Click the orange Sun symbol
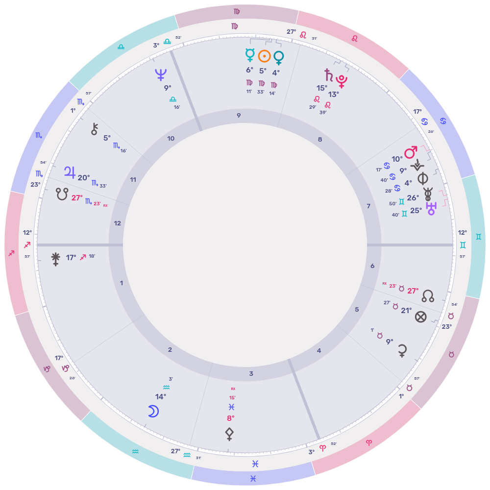pos(264,56)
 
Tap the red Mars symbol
pos(411,152)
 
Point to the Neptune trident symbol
pos(160,74)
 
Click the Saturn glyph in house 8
pos(328,75)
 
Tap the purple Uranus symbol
pos(431,210)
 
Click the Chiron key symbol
pos(95,129)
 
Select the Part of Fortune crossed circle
pos(420,317)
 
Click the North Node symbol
pos(428,295)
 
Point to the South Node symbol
pos(62,194)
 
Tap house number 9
pos(239,116)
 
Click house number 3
pos(251,374)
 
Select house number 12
pos(118,223)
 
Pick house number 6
pos(372,266)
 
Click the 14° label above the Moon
pos(161,396)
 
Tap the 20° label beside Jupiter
pos(84,178)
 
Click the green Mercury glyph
pos(249,55)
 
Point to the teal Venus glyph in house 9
pos(279,58)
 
